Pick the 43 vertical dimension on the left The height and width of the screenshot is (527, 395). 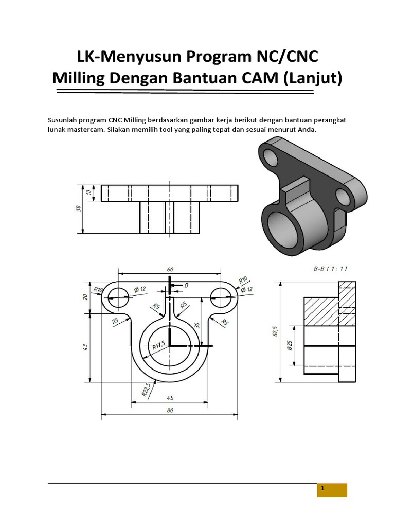tap(85, 347)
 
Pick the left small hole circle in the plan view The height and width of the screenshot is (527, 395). tap(118, 296)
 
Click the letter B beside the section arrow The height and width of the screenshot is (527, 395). tap(186, 285)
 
